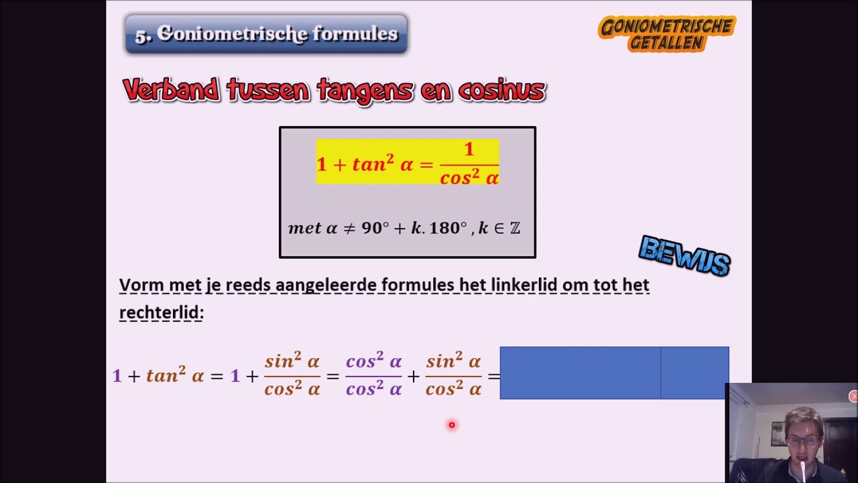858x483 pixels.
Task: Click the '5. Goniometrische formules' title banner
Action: [x=266, y=34]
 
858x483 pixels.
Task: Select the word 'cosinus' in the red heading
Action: [x=501, y=90]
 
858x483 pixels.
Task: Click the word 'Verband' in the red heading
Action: [x=171, y=90]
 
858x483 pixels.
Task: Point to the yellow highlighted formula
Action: [x=408, y=162]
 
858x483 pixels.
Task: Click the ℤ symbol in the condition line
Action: [x=515, y=228]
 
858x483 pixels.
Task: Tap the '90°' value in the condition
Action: [x=375, y=228]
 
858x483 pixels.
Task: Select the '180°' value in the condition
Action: [x=448, y=228]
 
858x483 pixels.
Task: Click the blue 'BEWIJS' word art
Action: [x=684, y=256]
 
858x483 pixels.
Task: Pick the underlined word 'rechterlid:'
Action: [x=162, y=313]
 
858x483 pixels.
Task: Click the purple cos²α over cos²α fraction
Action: [x=373, y=376]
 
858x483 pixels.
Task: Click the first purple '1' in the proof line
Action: [x=117, y=376]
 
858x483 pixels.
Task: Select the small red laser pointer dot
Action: [x=452, y=425]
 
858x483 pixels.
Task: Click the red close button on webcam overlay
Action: [x=853, y=396]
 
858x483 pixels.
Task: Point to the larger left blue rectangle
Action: [x=580, y=373]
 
